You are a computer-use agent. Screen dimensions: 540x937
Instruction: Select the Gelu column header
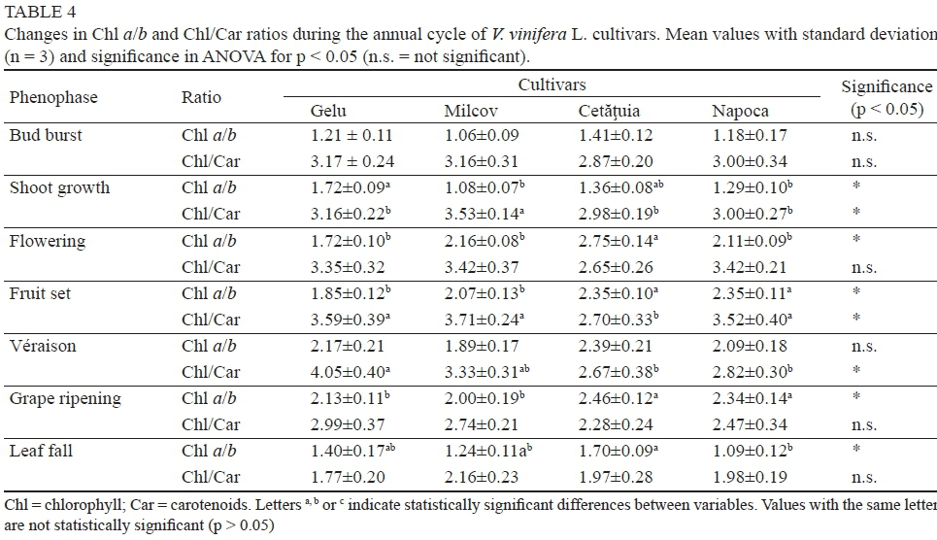[328, 111]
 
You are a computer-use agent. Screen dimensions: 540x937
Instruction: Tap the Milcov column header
[471, 111]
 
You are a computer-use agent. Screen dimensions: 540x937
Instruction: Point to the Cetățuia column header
[609, 111]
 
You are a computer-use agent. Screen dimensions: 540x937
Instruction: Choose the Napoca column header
[740, 111]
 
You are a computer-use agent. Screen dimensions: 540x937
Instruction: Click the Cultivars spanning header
[552, 85]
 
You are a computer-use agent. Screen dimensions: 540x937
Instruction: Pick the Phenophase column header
[53, 97]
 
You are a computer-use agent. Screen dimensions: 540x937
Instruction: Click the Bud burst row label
[46, 135]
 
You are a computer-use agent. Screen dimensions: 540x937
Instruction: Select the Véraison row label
[43, 346]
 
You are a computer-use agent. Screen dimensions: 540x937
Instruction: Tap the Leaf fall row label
[41, 451]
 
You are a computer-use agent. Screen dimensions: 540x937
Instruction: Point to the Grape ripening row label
[65, 398]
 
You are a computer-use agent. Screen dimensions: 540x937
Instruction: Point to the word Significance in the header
[887, 87]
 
